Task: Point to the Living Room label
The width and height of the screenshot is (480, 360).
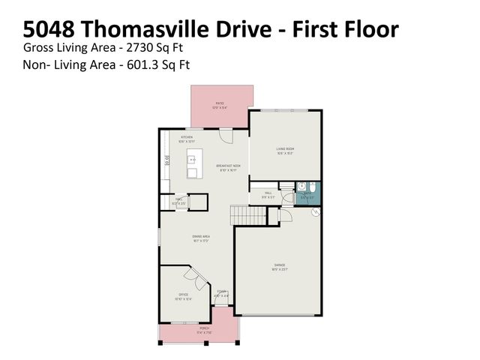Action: pos(285,151)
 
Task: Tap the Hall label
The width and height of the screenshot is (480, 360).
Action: pos(268,194)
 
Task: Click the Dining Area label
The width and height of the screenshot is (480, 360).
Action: pos(200,238)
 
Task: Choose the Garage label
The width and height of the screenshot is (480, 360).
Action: pos(278,266)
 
